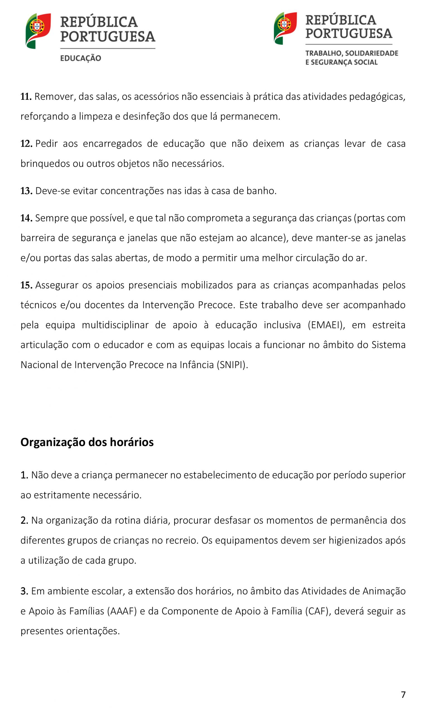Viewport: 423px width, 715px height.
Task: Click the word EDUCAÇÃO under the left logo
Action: coord(81,58)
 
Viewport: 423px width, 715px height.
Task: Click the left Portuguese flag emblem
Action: coord(38,31)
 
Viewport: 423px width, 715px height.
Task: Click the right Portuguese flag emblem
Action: coord(285,28)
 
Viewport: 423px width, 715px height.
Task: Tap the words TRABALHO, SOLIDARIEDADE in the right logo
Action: coord(352,53)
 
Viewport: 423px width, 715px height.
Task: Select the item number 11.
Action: coord(26,97)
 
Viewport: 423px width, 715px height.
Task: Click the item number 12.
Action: coord(26,144)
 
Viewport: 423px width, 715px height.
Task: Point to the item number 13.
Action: coord(26,191)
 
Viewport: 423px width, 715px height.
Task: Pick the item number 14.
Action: coord(26,218)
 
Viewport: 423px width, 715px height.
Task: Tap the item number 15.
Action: coord(26,285)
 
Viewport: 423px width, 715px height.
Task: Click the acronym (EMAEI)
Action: coord(326,325)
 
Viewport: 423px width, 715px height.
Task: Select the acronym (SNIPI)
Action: coord(232,365)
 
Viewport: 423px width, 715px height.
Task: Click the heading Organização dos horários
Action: coord(87,442)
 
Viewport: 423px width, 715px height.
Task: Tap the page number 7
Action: coord(403,694)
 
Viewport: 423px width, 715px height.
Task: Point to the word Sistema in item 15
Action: coord(388,345)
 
